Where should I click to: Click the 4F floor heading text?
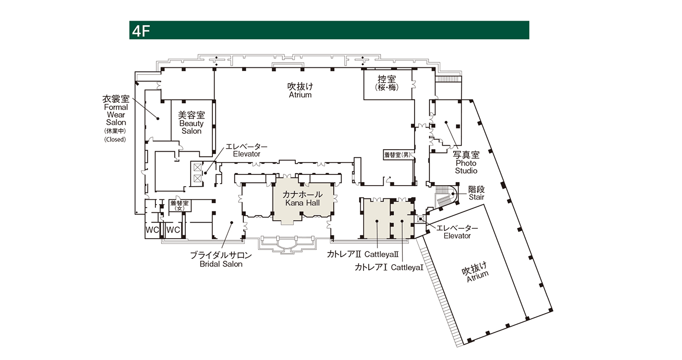[x=141, y=31]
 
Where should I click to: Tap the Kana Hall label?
[x=302, y=199]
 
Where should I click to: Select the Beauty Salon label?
[x=191, y=123]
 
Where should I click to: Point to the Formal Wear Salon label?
[x=116, y=111]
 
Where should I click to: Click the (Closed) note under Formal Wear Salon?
[x=115, y=139]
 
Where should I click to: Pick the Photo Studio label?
[x=466, y=163]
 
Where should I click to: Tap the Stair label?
[x=476, y=193]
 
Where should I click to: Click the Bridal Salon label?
[x=221, y=260]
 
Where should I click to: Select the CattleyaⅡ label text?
[x=382, y=254]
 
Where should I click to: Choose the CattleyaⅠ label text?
[x=407, y=267]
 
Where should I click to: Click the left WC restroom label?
[x=152, y=230]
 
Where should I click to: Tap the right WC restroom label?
[x=173, y=230]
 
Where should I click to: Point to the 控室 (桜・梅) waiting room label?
[x=387, y=83]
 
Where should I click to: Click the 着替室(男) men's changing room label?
[x=398, y=155]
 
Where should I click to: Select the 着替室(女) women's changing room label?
[x=180, y=205]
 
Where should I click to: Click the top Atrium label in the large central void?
[x=300, y=91]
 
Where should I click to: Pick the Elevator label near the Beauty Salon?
[x=246, y=150]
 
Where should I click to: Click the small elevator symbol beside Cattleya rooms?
[x=421, y=219]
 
